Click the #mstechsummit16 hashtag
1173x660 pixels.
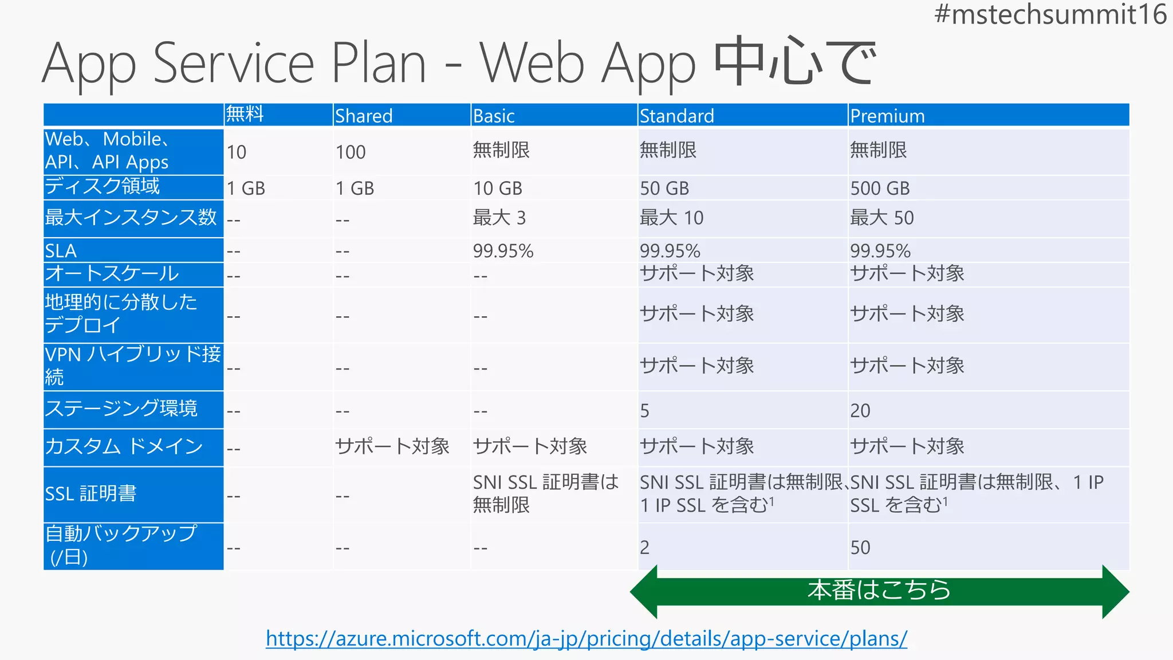[1050, 14]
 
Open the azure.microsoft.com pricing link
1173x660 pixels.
[586, 638]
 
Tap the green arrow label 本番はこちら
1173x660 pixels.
[879, 590]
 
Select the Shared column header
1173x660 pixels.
[364, 116]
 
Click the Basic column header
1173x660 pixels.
[494, 116]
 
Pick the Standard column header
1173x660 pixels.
[676, 116]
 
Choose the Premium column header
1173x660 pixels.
[887, 116]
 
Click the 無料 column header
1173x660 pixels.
[245, 113]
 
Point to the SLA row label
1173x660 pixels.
[61, 251]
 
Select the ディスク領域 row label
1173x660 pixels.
[103, 186]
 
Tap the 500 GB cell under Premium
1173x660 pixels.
[880, 188]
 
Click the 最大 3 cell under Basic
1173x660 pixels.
[499, 218]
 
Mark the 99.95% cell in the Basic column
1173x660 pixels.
[503, 251]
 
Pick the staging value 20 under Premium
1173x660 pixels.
[860, 410]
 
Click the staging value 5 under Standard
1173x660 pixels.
[645, 410]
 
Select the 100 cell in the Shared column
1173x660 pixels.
[351, 152]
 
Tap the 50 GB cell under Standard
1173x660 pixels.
[664, 188]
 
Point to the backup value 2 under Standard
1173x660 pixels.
[645, 547]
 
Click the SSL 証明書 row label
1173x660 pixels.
[90, 493]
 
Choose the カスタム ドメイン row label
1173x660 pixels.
[124, 446]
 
